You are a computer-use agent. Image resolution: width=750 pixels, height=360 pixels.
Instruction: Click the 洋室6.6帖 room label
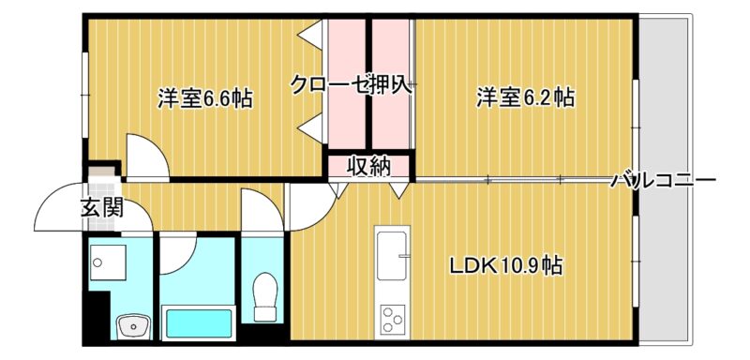(x=204, y=99)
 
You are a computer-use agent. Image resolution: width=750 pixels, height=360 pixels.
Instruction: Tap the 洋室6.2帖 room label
(x=525, y=97)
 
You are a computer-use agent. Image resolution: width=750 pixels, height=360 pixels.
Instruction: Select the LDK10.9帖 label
(x=505, y=266)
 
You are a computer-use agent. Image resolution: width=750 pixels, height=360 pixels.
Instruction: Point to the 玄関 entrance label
(x=102, y=208)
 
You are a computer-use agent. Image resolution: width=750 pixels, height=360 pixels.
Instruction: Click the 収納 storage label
(x=368, y=166)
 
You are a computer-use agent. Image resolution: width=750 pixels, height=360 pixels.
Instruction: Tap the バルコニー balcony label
(x=664, y=181)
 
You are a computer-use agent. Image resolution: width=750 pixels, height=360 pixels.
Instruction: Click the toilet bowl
(x=265, y=296)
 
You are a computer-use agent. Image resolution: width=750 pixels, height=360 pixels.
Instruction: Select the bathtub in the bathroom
(x=197, y=322)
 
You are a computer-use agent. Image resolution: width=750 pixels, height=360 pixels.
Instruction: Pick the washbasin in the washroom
(x=133, y=327)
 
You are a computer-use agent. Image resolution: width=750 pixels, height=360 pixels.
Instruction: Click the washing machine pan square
(x=108, y=262)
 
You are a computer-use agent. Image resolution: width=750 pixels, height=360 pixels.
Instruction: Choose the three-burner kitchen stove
(x=393, y=320)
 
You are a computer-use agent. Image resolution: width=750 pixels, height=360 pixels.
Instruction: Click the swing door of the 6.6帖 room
(x=147, y=157)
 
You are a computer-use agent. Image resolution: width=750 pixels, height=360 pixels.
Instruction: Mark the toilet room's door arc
(x=262, y=210)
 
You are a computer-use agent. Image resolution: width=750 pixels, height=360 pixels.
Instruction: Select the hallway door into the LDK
(x=312, y=207)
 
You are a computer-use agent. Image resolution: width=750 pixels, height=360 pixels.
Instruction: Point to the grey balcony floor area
(x=666, y=180)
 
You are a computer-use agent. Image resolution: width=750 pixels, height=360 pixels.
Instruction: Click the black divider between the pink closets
(x=368, y=83)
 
